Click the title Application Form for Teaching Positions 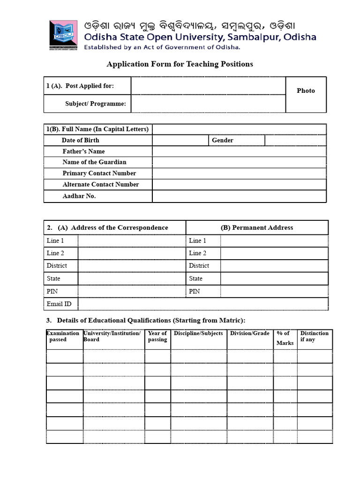click(180, 64)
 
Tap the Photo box click(306, 94)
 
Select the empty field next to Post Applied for click(208, 86)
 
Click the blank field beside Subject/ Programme click(208, 104)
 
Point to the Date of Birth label click(80, 140)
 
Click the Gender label click(222, 140)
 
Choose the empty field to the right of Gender click(295, 140)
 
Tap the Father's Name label click(83, 151)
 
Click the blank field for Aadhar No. click(239, 196)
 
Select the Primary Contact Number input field click(239, 173)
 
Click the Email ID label click(59, 304)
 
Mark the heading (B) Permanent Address click(256, 227)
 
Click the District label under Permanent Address click(199, 265)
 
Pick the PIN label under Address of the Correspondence click(52, 291)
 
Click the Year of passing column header click(157, 337)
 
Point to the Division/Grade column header click(249, 333)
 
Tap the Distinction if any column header click(314, 337)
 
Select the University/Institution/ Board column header click(112, 337)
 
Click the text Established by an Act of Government click(162, 47)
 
